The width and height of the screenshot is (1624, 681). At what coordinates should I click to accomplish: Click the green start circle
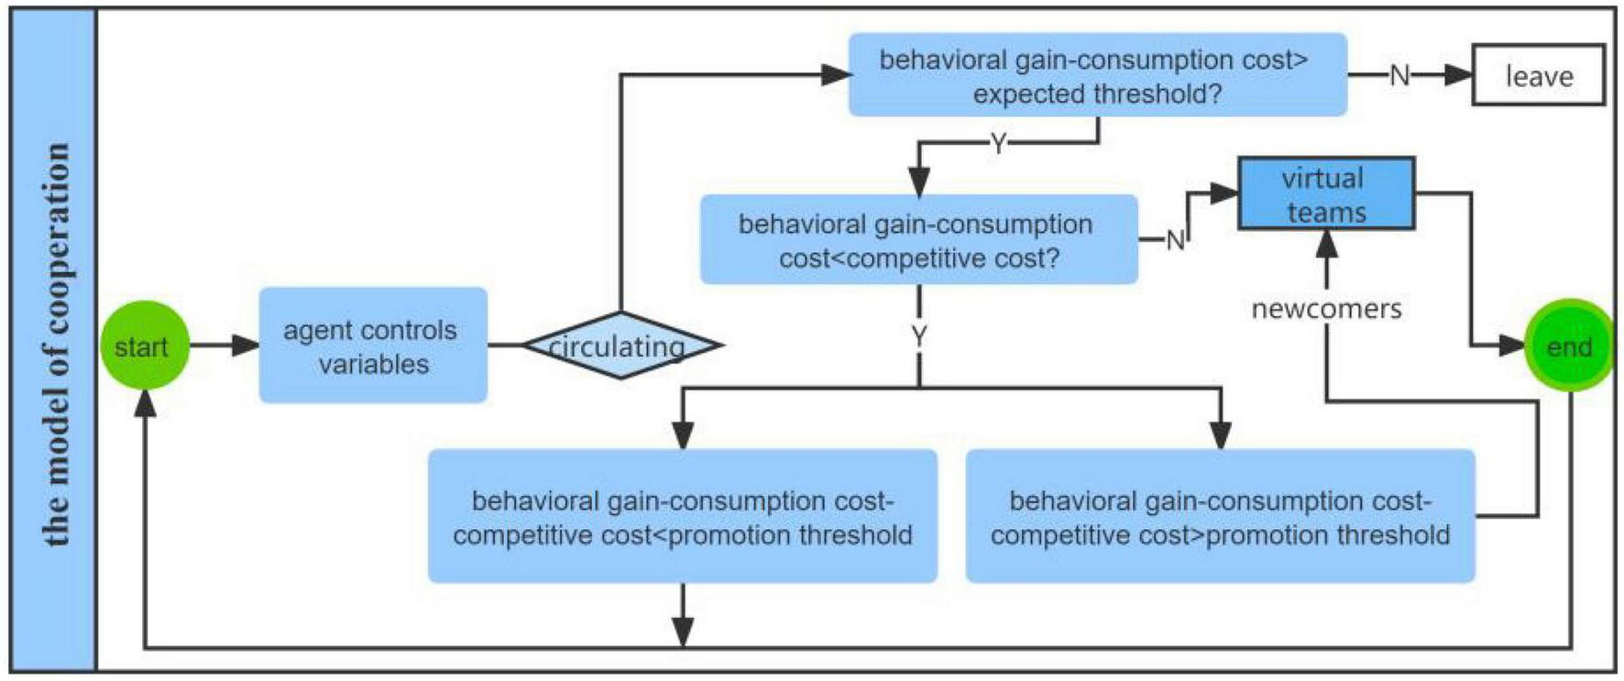pos(145,346)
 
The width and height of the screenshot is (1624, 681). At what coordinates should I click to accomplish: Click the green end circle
pos(1569,346)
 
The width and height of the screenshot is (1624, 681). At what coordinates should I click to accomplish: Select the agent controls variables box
pos(373,346)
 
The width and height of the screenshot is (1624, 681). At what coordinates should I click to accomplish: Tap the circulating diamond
pos(621,346)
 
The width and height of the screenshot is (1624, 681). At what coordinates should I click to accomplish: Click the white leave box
pos(1538,75)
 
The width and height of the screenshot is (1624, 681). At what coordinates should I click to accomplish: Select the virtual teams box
pos(1325,193)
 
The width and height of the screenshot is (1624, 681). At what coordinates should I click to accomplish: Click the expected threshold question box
pos(1097,75)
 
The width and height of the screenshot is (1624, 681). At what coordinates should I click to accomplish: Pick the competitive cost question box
pos(918,239)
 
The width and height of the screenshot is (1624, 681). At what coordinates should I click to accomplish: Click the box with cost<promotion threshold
pos(682,516)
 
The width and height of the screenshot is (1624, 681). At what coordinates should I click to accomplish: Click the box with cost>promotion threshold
pos(1220,516)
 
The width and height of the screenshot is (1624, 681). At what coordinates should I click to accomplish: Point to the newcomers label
pos(1326,309)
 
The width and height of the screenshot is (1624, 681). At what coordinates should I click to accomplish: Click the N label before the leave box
pos(1399,76)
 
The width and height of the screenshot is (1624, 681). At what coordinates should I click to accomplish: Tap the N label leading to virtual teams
pos(1175,240)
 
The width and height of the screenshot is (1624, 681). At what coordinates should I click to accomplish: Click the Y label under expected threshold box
pos(998,143)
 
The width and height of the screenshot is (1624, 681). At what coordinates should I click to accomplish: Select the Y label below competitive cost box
pos(919,336)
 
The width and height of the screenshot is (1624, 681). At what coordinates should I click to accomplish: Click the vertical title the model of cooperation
pos(55,344)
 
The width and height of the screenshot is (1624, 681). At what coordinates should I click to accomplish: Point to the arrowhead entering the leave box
pos(1458,75)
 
